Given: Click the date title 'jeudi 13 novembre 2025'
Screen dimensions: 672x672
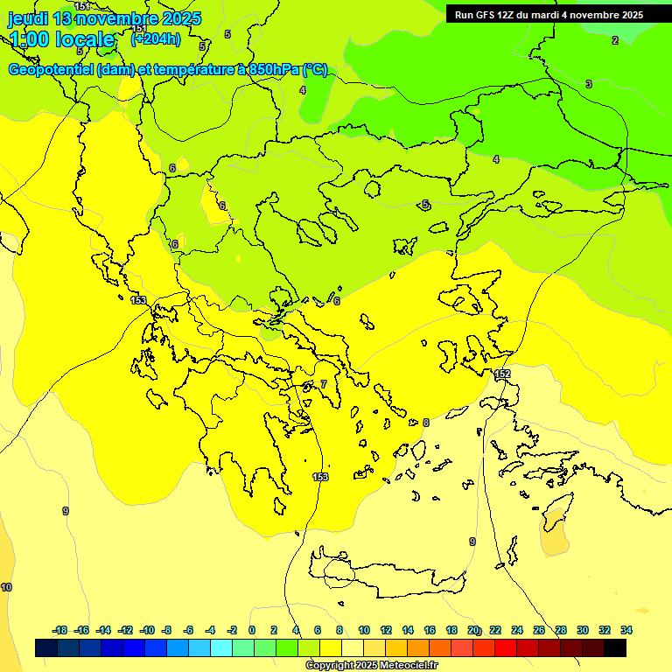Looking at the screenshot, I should [105, 18].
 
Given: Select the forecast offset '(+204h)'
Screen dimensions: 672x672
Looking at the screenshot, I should [156, 38].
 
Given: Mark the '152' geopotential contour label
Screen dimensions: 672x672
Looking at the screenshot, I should [502, 374].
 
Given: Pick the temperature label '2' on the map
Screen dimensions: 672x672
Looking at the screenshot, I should [614, 40].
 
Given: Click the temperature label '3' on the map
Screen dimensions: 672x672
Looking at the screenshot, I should [589, 84].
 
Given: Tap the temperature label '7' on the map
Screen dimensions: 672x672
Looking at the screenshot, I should [323, 384].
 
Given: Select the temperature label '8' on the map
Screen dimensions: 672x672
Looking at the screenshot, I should [426, 423].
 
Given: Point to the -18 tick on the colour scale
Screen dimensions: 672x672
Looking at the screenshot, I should [59, 630].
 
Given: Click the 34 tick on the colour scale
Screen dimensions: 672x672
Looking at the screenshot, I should [626, 630].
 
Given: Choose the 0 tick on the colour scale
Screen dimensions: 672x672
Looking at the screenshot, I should [252, 630].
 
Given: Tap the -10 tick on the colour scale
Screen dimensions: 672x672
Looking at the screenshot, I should [147, 630].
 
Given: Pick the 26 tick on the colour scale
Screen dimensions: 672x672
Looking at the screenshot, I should [539, 630].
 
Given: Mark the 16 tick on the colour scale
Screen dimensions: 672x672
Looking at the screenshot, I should [430, 630].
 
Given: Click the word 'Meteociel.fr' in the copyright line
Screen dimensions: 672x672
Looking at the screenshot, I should [404, 666].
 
